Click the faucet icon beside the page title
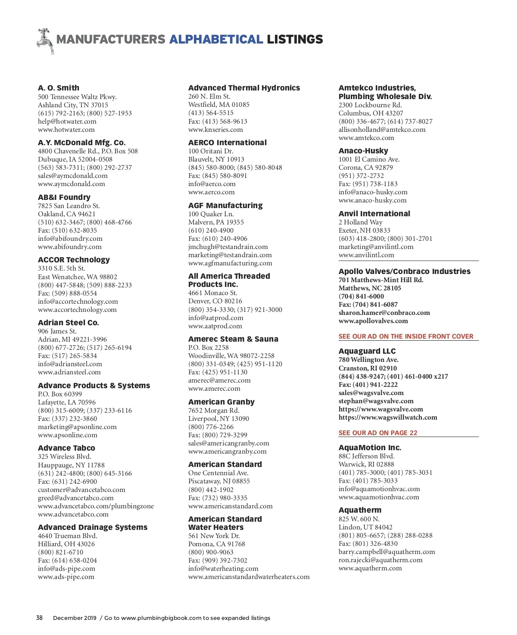coord(45,40)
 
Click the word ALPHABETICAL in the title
coord(216,40)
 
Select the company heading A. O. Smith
coord(59,88)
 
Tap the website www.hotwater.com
coord(66,130)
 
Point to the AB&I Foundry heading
coord(64,197)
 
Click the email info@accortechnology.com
coord(78,302)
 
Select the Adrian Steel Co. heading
coord(69,323)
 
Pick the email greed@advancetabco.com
coord(76,498)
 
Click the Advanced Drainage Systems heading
coord(93,527)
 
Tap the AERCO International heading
coord(227,143)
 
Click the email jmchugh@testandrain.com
coord(228,247)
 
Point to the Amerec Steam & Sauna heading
coord(233,339)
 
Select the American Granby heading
coord(221,402)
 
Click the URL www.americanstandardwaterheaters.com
coord(249,577)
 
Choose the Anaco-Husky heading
coord(363,151)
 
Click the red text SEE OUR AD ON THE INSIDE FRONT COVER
coord(406,336)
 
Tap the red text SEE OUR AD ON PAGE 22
coord(378,433)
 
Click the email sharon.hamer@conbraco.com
coord(384,313)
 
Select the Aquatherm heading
coord(360,510)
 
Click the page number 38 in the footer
coord(39,618)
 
